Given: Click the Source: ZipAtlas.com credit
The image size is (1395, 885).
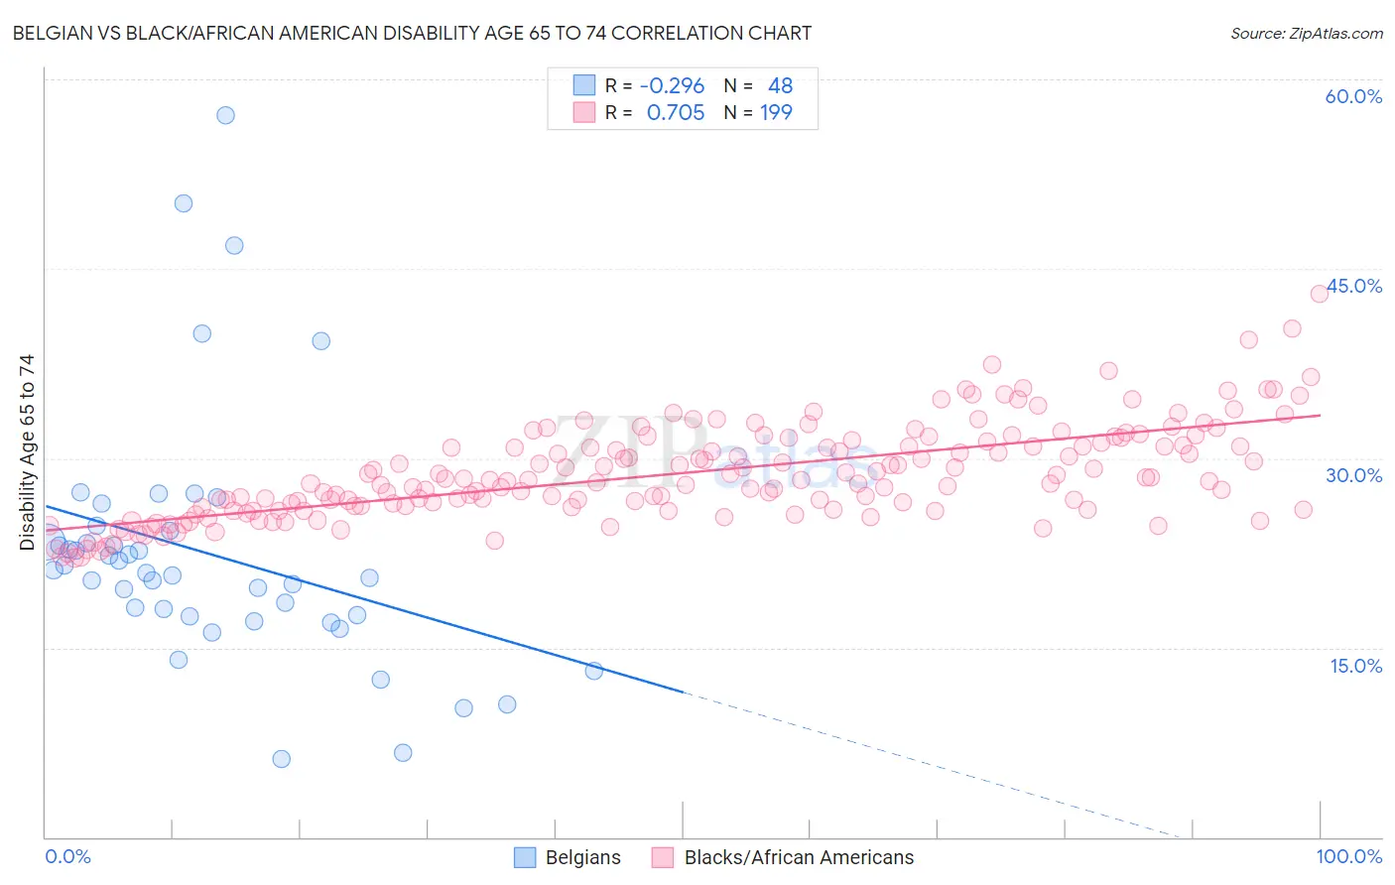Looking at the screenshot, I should [x=1306, y=33].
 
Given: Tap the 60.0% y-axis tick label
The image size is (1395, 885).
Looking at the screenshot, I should [x=1353, y=96].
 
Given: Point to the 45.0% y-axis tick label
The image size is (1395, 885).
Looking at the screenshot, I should [x=1354, y=286].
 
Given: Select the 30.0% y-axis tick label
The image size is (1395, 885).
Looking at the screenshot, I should [x=1353, y=475].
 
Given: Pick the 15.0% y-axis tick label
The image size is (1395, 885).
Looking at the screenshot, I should [x=1355, y=666].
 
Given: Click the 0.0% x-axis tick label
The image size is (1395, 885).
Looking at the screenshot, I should [x=67, y=856].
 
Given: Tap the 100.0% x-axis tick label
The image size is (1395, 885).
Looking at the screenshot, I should [x=1348, y=856].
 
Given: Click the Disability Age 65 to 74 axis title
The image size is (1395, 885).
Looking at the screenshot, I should [x=27, y=451].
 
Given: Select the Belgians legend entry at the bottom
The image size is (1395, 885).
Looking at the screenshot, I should [x=582, y=857].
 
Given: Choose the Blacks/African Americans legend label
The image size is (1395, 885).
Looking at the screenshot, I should [x=799, y=857].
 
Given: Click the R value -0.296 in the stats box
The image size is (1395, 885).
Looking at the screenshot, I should [x=672, y=85].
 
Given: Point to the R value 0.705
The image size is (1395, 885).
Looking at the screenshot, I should [x=675, y=112].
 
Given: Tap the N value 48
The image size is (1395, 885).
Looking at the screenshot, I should [x=780, y=85].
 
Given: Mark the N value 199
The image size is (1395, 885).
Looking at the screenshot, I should [x=776, y=112].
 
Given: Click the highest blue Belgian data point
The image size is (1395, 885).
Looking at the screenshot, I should [x=225, y=115].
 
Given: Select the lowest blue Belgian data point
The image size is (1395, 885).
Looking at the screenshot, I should [x=281, y=759].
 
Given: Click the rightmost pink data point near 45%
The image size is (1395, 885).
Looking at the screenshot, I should [x=1319, y=293].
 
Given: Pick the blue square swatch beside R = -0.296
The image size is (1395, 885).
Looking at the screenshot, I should [x=584, y=85].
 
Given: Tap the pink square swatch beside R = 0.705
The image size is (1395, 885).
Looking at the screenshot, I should [x=584, y=112].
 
